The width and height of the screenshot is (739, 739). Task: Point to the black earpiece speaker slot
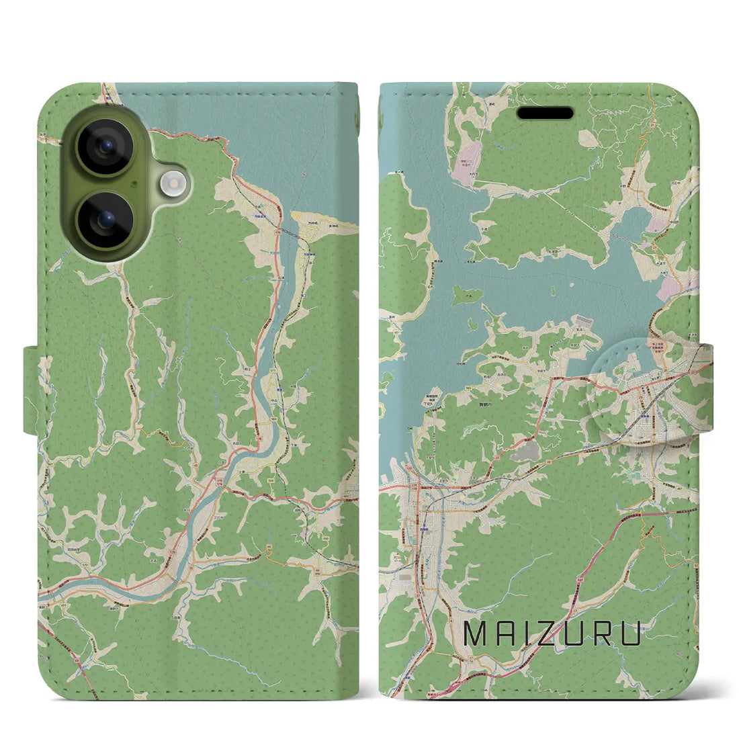(x=545, y=113)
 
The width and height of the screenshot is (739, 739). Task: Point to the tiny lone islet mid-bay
(x=552, y=292)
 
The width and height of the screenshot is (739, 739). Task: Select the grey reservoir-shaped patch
(x=525, y=451)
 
